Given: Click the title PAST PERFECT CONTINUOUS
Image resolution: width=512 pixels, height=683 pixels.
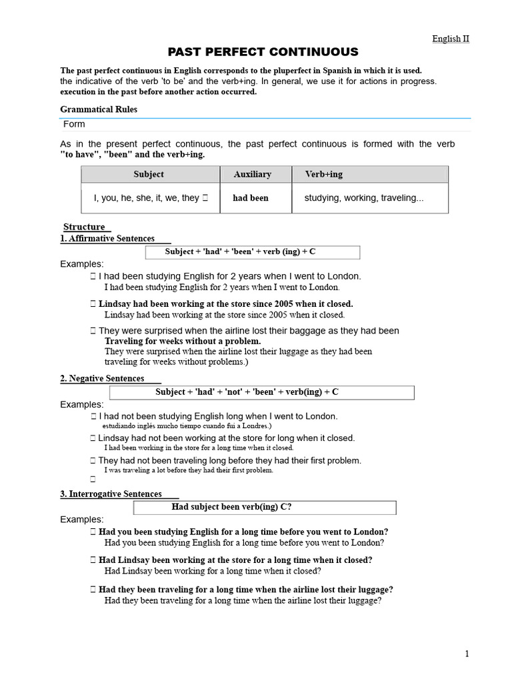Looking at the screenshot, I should (x=262, y=52).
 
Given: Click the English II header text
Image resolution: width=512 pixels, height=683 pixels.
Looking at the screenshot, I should (x=451, y=39).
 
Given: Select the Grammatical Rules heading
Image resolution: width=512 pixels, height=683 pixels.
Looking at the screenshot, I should (x=99, y=109).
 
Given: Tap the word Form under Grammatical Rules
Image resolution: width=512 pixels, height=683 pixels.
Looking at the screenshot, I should (x=74, y=124).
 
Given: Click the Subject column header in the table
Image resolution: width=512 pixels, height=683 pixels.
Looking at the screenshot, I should (x=149, y=174).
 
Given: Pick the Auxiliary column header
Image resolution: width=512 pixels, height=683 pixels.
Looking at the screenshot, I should (x=252, y=174).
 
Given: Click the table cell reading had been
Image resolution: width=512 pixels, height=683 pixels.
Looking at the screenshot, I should (x=250, y=198).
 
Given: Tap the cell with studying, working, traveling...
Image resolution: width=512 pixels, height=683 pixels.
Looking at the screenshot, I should (x=363, y=198).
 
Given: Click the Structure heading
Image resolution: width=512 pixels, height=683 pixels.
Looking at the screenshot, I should (x=85, y=227).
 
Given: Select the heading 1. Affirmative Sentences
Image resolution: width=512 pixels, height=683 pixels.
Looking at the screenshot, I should (x=108, y=238).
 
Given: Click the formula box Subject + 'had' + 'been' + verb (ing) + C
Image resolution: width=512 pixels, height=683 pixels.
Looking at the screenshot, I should (x=253, y=252).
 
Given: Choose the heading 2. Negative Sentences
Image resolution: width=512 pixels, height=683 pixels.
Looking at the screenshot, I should (x=103, y=378).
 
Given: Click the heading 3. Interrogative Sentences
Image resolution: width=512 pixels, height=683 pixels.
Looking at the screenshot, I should (x=111, y=494).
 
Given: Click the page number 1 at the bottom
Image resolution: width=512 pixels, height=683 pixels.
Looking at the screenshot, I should (x=467, y=654).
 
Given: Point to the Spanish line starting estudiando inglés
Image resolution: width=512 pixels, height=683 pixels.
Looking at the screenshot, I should (x=187, y=426).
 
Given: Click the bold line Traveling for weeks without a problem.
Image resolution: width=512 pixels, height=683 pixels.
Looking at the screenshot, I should (x=183, y=341).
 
